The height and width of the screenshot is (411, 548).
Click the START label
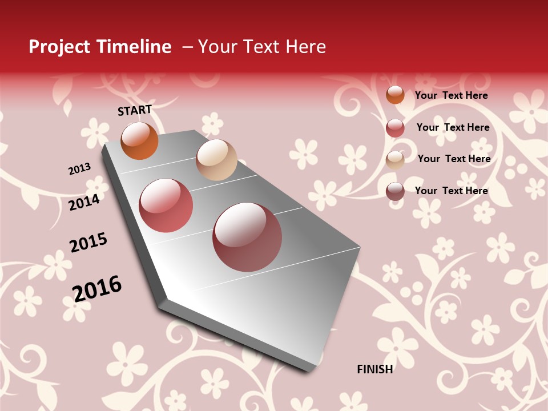pyautogui.click(x=135, y=110)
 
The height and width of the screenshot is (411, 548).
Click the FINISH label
pyautogui.click(x=374, y=369)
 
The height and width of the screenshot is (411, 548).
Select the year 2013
pyautogui.click(x=79, y=169)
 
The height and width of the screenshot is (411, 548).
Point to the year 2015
pyautogui.click(x=88, y=243)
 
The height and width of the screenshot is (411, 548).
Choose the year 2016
pyautogui.click(x=97, y=288)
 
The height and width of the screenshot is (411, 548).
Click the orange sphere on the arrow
pyautogui.click(x=139, y=141)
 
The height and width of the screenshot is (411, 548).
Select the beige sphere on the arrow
pyautogui.click(x=216, y=160)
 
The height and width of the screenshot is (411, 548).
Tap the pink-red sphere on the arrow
pyautogui.click(x=166, y=205)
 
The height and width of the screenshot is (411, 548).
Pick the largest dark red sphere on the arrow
pyautogui.click(x=247, y=237)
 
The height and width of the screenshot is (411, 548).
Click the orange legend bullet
pyautogui.click(x=395, y=95)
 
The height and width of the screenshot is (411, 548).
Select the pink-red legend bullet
pyautogui.click(x=395, y=128)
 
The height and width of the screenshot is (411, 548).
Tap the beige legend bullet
pyautogui.click(x=395, y=160)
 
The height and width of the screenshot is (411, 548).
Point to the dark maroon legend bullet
pyautogui.click(x=395, y=191)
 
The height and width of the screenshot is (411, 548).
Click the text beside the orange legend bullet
pyautogui.click(x=451, y=95)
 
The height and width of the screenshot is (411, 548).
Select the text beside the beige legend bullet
pyautogui.click(x=454, y=159)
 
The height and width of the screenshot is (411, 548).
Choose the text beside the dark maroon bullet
pyautogui.click(x=451, y=191)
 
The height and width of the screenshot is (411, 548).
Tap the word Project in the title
pyautogui.click(x=59, y=47)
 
